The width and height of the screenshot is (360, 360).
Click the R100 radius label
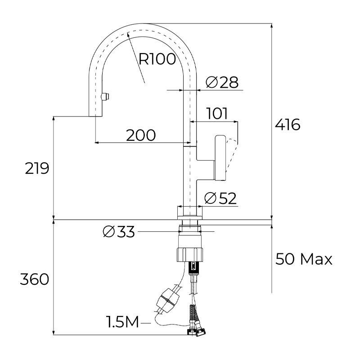tap(157, 59)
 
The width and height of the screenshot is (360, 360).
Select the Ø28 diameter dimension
tap(221, 82)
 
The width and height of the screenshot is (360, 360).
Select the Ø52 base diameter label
tap(220, 198)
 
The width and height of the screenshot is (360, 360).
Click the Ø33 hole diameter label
tap(119, 232)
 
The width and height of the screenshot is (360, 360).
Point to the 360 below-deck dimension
tap(34, 279)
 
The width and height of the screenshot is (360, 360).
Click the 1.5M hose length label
tap(122, 322)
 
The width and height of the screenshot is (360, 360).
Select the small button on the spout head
tap(105, 97)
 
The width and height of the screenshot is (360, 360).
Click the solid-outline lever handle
tap(220, 158)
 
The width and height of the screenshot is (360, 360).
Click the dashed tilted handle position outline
tap(231, 155)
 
